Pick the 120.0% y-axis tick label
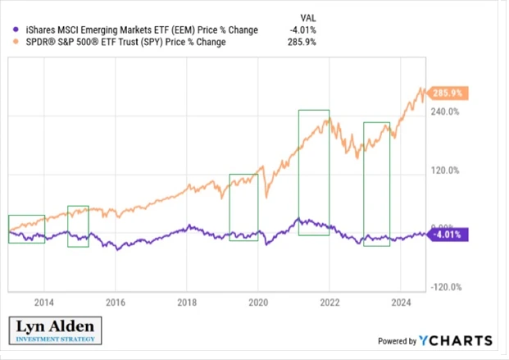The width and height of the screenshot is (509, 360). pos(446,171)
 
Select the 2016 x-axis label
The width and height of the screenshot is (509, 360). pos(116,300)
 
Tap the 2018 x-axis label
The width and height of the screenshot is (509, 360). pos(187,300)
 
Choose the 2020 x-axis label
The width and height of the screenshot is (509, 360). pos(258,300)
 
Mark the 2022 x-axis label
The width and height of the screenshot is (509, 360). pos(329,300)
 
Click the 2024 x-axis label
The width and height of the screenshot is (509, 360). pos(401,300)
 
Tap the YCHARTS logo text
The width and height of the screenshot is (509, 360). pos(456,340)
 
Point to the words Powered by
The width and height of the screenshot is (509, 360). pos(396,341)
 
